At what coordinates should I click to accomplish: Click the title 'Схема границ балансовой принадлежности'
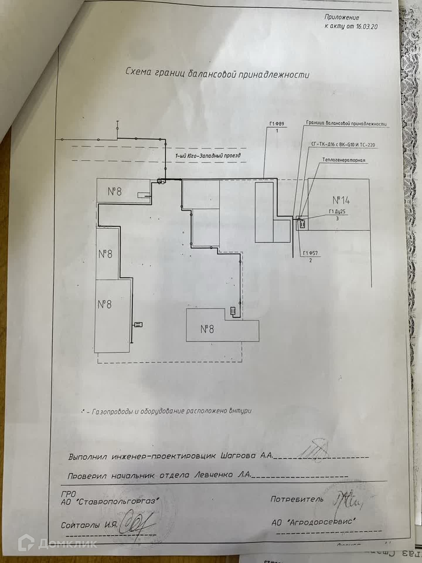pyautogui.click(x=217, y=73)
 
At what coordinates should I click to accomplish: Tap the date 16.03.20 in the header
pyautogui.click(x=367, y=26)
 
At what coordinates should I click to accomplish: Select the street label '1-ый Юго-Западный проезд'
pyautogui.click(x=208, y=155)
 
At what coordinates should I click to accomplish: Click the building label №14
pyautogui.click(x=341, y=200)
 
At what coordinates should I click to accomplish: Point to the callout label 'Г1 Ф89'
pyautogui.click(x=277, y=124)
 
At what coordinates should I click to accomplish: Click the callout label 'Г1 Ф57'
pyautogui.click(x=311, y=253)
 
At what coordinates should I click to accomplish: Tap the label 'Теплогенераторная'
pyautogui.click(x=344, y=160)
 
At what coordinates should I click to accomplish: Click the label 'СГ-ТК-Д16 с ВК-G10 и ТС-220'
pyautogui.click(x=343, y=145)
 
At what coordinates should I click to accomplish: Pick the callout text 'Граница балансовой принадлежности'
pyautogui.click(x=346, y=123)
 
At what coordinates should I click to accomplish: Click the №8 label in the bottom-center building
pyautogui.click(x=207, y=329)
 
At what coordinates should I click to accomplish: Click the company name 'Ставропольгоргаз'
pyautogui.click(x=118, y=501)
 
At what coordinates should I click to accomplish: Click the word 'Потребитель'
pyautogui.click(x=297, y=499)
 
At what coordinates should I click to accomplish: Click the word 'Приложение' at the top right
pyautogui.click(x=342, y=17)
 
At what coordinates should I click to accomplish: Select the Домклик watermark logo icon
pyautogui.click(x=26, y=544)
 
